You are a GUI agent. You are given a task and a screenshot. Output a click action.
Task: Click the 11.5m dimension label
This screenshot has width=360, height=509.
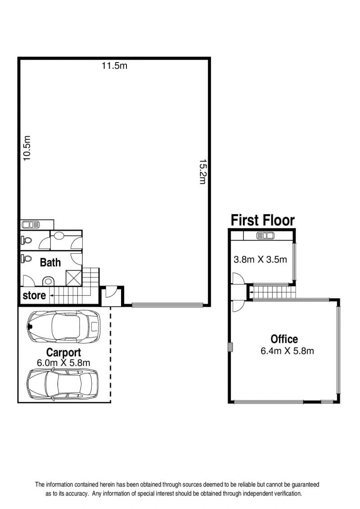(114, 66)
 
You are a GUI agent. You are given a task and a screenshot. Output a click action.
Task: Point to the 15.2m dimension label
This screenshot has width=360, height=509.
(202, 172)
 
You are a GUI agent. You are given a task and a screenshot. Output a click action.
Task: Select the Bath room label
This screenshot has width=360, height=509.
(50, 262)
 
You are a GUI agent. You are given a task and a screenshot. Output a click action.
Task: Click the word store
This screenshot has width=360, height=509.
(34, 296)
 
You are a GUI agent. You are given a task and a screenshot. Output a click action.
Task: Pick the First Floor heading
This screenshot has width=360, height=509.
(263, 220)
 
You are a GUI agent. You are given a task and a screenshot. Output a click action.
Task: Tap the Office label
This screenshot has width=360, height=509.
(284, 339)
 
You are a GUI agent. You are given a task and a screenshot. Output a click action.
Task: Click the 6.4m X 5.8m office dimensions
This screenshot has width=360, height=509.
(287, 351)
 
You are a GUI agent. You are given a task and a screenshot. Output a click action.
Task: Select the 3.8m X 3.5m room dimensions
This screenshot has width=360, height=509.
(261, 260)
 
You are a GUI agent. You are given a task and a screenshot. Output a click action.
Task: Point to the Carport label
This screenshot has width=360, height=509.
(63, 353)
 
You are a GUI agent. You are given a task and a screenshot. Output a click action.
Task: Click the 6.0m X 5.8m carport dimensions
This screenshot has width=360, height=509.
(63, 363)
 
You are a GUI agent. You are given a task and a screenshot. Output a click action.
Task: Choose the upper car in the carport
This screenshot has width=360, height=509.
(64, 327)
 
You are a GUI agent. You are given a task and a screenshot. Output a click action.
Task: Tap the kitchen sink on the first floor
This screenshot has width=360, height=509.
(265, 236)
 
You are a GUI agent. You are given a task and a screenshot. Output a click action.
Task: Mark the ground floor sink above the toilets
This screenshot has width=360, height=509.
(31, 224)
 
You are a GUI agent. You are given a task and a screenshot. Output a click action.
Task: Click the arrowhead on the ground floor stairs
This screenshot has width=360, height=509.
(51, 296)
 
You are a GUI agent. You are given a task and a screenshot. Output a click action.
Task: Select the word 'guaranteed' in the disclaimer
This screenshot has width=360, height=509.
(305, 485)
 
